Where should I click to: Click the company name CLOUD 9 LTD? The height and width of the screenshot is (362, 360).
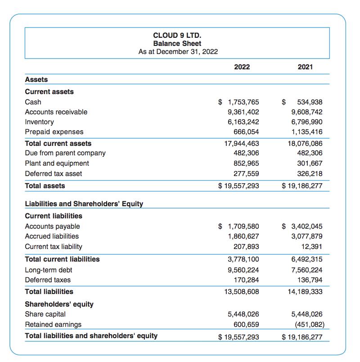coord(177,35)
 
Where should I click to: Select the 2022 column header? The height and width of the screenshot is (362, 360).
coord(242,67)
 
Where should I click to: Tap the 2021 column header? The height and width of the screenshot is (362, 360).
coord(305,67)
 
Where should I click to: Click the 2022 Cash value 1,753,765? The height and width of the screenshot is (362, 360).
coord(243,102)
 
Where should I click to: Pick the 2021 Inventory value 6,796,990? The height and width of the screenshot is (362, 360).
coord(307,122)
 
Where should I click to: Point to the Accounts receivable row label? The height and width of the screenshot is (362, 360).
coord(56,112)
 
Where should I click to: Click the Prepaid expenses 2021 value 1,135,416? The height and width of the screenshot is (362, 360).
coord(307,132)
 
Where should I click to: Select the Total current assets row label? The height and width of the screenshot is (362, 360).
coord(58,143)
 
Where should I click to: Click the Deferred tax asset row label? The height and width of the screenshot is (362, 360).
coord(54,173)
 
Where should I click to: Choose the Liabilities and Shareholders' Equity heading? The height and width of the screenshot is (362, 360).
coord(84,204)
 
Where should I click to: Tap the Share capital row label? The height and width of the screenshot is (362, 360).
coord(45,314)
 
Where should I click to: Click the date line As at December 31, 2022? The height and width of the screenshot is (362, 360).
coord(178,51)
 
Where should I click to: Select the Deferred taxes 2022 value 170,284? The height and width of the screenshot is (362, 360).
coord(247,280)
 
